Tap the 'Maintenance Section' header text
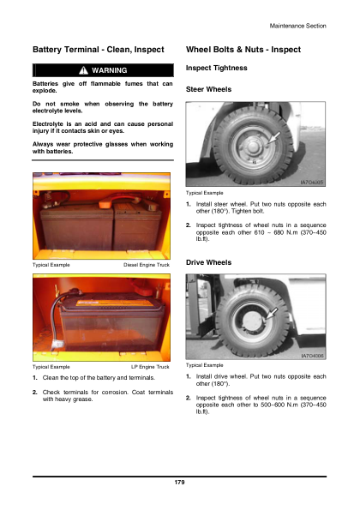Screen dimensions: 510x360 pyautogui.click(x=298, y=27)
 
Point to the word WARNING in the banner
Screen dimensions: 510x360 pyautogui.click(x=109, y=70)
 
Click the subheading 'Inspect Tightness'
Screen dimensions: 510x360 pyautogui.click(x=216, y=68)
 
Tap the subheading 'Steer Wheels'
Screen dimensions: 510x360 pyautogui.click(x=208, y=89)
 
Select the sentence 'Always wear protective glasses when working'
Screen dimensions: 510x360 pyautogui.click(x=102, y=146)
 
